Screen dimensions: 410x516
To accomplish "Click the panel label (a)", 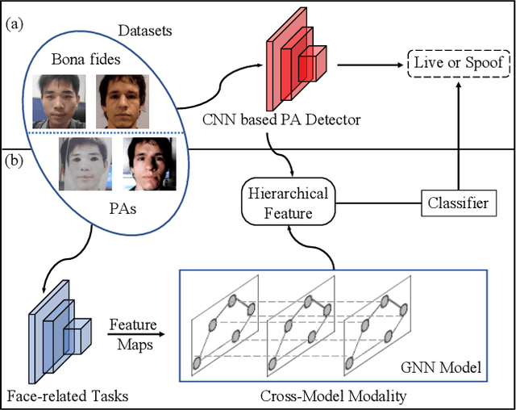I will point(15,24).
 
